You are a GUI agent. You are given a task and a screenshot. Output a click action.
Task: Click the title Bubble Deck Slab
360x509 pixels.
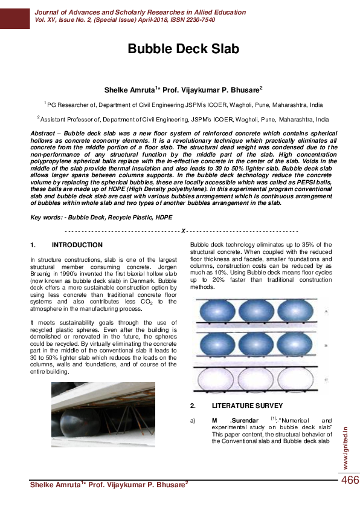(183, 49)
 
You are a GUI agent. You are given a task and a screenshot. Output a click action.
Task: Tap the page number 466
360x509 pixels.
(350, 480)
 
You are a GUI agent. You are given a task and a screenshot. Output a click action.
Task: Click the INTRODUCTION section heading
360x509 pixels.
(77, 245)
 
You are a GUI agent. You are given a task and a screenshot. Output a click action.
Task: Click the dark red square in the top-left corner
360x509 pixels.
(14, 15)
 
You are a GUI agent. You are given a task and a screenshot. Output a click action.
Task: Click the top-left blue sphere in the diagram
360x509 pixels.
(217, 313)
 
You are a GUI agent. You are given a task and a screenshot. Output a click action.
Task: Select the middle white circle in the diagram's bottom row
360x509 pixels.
(259, 380)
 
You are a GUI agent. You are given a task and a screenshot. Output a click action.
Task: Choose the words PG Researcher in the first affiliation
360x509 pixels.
(68, 104)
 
